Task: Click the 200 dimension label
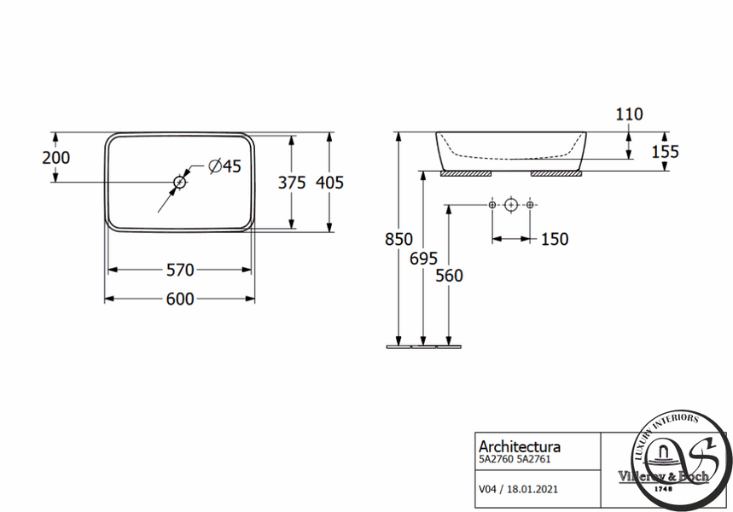pos(56,158)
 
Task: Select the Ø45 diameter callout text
pos(225,166)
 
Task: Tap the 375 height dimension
pos(292,183)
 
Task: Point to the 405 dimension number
pos(329,183)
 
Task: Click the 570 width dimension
pos(180,270)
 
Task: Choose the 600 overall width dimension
pos(180,299)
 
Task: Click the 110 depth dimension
pos(629,114)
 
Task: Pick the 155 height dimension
pos(666,152)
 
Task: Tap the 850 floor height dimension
pos(398,240)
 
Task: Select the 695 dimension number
pos(423,259)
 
